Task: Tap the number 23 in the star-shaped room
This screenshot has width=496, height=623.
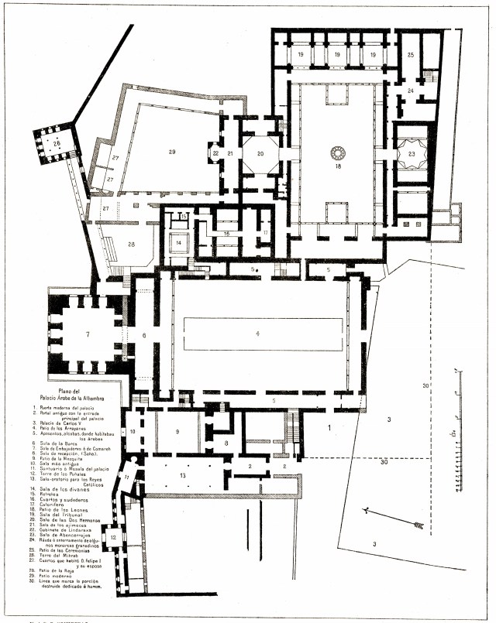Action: click(412, 153)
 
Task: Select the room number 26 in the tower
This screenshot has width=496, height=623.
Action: click(57, 144)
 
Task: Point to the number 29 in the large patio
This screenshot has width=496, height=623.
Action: click(172, 152)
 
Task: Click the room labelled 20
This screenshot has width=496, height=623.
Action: click(260, 154)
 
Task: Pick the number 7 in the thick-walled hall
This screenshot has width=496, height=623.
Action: click(88, 334)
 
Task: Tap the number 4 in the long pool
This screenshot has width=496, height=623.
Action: click(257, 334)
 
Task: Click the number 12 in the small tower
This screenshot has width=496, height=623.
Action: click(113, 536)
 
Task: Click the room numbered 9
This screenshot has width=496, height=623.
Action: click(177, 430)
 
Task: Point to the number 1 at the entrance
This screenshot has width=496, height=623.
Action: click(329, 426)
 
